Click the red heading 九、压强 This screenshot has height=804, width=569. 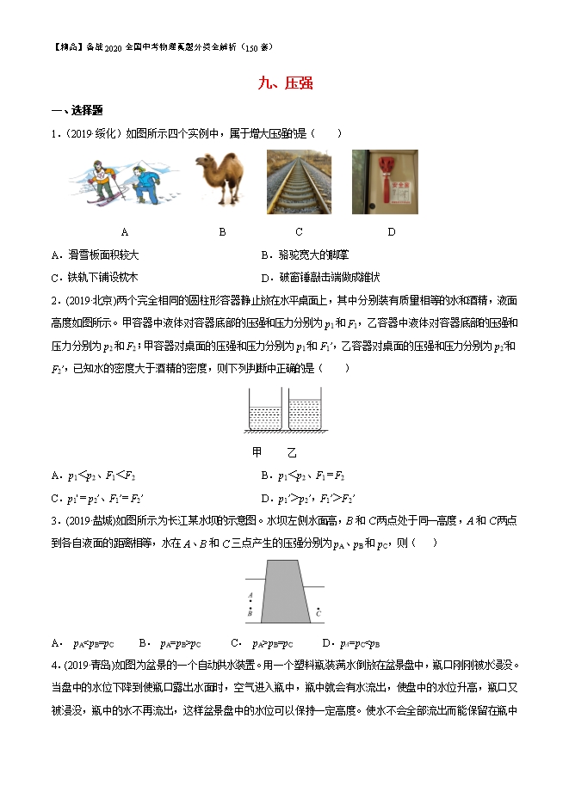coord(285,83)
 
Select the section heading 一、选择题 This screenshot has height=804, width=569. coord(77,111)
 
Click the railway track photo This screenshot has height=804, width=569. coord(298,181)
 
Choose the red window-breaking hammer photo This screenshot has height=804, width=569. coord(385,181)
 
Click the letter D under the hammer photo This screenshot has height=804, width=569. coord(391,231)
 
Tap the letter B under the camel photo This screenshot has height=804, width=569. coord(222,231)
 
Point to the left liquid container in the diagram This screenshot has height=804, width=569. coord(265,412)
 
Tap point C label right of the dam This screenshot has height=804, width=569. coord(319,614)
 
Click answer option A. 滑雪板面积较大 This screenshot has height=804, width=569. coord(96,255)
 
